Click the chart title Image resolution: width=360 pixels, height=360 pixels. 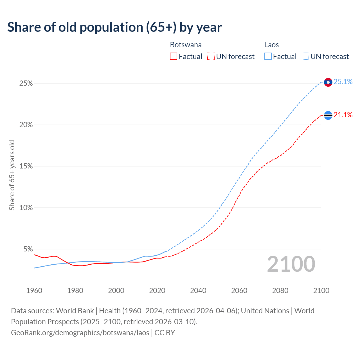coord(114,27)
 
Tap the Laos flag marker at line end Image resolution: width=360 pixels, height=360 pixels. coord(328,82)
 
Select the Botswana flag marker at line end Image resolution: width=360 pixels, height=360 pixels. coord(328,115)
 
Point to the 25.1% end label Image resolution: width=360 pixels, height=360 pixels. coord(343,82)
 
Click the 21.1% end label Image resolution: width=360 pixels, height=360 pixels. coord(343,115)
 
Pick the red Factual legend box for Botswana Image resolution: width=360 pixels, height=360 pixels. coord(174,57)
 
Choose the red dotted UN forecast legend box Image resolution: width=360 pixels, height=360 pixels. coord(211,57)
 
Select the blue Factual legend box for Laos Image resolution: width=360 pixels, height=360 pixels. coord(268,57)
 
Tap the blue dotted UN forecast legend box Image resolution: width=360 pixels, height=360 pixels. coord(305,57)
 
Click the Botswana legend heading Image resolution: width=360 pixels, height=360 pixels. coord(186,45)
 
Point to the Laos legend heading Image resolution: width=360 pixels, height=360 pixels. coord(271,45)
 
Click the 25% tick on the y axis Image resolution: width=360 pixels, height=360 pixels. coord(26,84)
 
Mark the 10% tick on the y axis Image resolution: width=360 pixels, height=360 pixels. coord(26,208)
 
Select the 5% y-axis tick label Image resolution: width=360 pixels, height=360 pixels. coord(28,249)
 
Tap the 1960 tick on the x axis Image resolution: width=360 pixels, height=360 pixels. coord(34,291)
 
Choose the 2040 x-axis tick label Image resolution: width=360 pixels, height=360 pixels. coord(198,291)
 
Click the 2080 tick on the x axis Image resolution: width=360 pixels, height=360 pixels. coord(280,291)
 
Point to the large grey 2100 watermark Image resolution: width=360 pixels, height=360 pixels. coord(291,264)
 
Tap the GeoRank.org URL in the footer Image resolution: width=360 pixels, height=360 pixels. coord(80,333)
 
